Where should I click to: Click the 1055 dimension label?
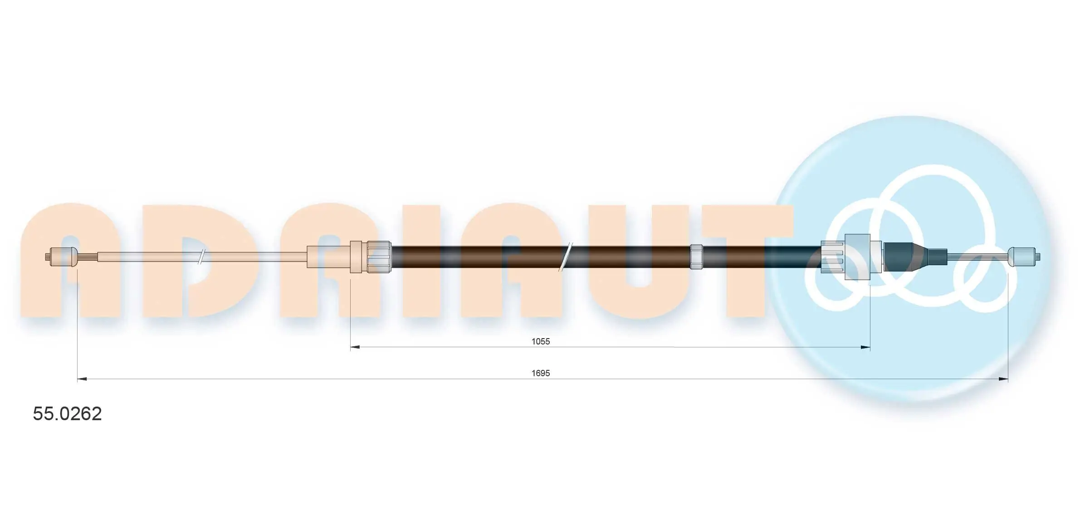click(x=540, y=341)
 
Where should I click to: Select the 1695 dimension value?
click(x=540, y=373)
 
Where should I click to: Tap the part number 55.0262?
click(x=67, y=414)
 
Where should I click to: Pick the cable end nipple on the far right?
click(x=1023, y=257)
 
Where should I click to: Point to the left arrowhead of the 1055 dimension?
click(x=355, y=347)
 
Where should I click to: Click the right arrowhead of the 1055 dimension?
click(x=865, y=347)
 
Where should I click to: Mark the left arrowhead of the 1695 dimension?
click(x=82, y=378)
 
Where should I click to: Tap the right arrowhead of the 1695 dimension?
click(x=1003, y=378)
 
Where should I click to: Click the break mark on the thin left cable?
click(x=202, y=257)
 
